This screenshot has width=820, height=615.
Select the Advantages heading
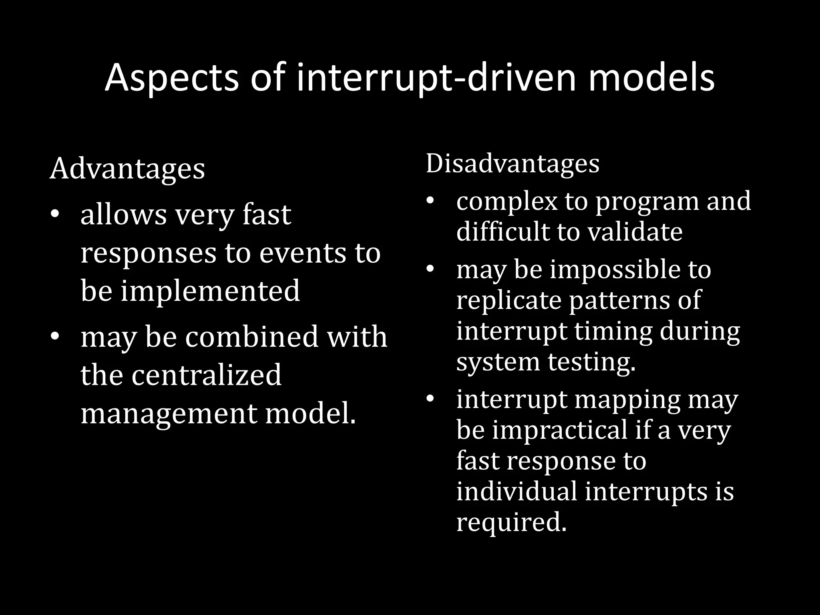pyautogui.click(x=127, y=169)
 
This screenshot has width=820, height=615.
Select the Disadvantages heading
pyautogui.click(x=512, y=163)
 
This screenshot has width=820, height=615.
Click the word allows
pyautogui.click(x=123, y=215)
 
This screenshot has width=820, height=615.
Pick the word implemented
pyautogui.click(x=210, y=291)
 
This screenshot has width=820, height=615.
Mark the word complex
pyautogui.click(x=507, y=201)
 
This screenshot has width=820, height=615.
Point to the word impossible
pyautogui.click(x=615, y=269)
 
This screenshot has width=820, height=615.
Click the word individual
pyautogui.click(x=517, y=491)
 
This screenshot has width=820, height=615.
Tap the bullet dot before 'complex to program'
pyautogui.click(x=430, y=201)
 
